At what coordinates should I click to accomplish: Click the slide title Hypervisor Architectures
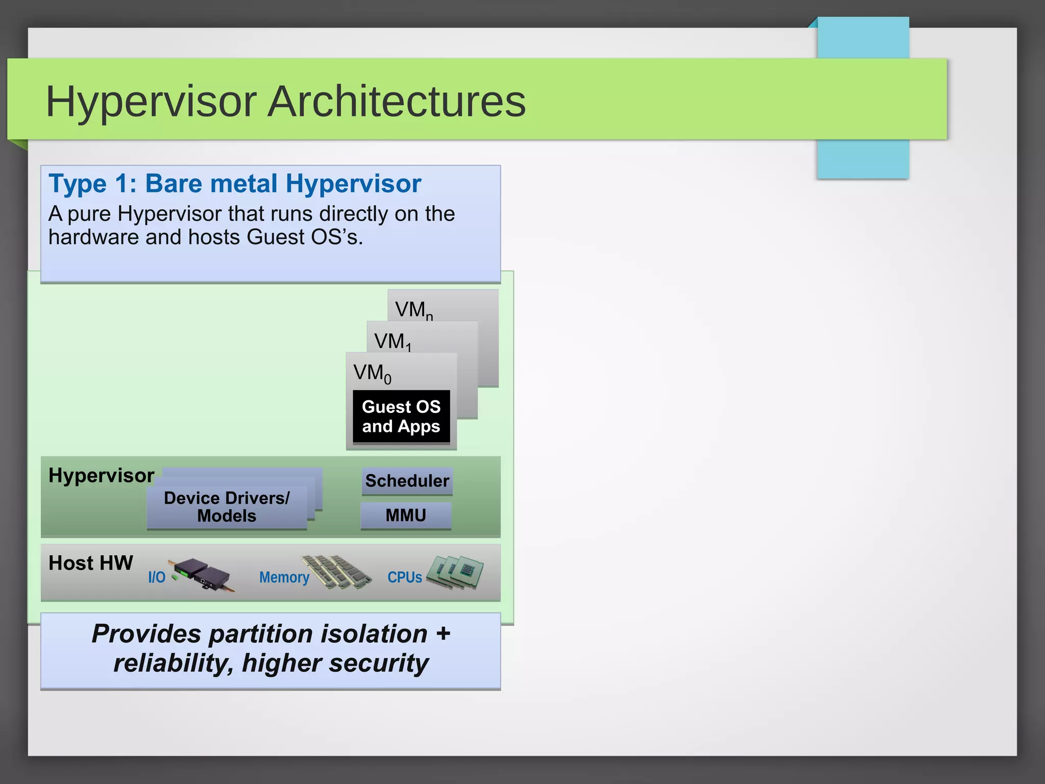coord(286,101)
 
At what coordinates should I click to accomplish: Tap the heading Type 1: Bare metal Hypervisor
coord(235,183)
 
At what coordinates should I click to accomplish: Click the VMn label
coord(414,310)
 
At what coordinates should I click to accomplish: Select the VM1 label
coord(392,341)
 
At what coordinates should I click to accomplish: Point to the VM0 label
coord(372,373)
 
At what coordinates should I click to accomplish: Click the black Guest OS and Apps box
coord(401,416)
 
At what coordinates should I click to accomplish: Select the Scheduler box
coord(407,481)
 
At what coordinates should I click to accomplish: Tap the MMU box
coord(406,515)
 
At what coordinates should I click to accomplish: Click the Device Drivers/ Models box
coord(227,507)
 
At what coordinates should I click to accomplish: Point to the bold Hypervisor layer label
coord(101,475)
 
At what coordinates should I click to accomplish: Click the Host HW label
coord(91,563)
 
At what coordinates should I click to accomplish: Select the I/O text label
coord(157,577)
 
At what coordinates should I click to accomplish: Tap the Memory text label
coord(284,577)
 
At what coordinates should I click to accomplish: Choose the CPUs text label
coord(405,577)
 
